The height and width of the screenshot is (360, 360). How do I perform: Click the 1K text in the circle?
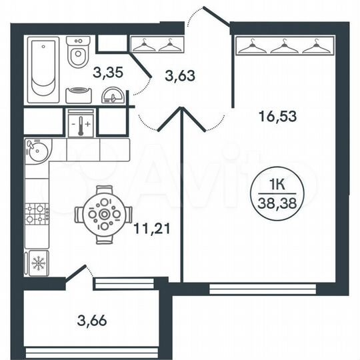[x=278, y=181]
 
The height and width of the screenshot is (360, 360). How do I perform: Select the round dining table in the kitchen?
[x=103, y=215]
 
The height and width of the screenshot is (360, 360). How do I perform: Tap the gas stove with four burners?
[x=37, y=213]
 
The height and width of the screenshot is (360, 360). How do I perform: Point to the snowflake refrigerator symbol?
[x=37, y=263]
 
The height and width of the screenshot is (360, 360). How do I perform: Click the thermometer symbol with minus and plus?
[x=81, y=124]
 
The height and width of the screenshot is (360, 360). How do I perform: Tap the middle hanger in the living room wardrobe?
[x=285, y=46]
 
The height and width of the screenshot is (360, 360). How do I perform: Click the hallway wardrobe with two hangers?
[x=157, y=45]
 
